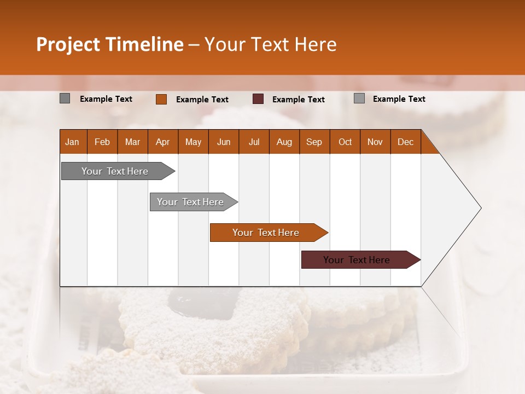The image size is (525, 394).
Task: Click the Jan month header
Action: [x=73, y=142]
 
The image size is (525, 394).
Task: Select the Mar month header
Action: [x=132, y=142]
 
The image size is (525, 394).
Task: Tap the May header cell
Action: [x=193, y=142]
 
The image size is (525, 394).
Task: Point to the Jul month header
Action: [x=254, y=142]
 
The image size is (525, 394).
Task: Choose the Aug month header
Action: [x=284, y=142]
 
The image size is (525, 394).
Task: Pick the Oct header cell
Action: [x=345, y=142]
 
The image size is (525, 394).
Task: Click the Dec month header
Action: [x=405, y=142]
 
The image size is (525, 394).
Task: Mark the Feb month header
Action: [x=102, y=142]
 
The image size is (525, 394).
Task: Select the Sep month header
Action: [x=314, y=142]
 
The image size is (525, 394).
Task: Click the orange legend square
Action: [x=161, y=99]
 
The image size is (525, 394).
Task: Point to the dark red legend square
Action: [x=258, y=99]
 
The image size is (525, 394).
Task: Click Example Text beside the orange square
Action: [x=202, y=100]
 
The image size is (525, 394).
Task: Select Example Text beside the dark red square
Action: [x=299, y=100]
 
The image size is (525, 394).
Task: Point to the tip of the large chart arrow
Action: [x=480, y=208]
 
